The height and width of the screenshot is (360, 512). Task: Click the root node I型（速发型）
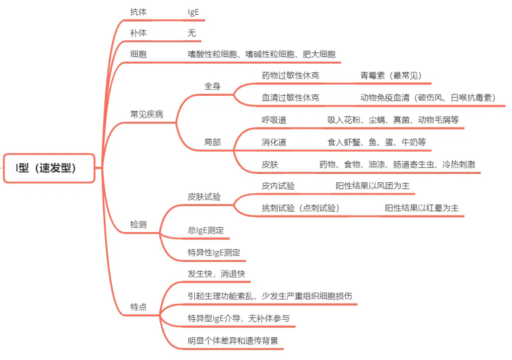click(x=49, y=168)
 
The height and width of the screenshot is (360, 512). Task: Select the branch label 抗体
click(x=138, y=12)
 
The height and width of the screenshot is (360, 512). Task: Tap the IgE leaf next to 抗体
click(x=193, y=12)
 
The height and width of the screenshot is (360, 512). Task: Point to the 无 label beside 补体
click(x=191, y=33)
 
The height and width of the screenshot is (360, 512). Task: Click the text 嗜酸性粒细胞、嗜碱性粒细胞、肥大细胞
click(x=261, y=54)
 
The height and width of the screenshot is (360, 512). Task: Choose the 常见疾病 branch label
click(x=146, y=114)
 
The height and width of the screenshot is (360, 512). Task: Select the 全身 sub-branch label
click(x=212, y=86)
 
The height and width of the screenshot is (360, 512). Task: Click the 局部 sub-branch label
click(x=212, y=142)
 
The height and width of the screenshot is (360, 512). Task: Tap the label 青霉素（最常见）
click(x=391, y=76)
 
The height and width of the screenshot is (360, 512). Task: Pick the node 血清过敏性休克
click(x=290, y=98)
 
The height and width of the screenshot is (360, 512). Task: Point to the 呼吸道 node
click(x=274, y=120)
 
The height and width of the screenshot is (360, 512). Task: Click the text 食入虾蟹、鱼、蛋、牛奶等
click(x=377, y=142)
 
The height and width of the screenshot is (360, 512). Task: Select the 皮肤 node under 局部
click(x=270, y=164)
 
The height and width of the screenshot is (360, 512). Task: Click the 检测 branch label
click(x=138, y=225)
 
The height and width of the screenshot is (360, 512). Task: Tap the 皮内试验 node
click(x=278, y=186)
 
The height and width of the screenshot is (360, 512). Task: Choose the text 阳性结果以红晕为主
click(x=422, y=208)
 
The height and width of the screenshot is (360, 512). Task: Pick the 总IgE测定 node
click(x=206, y=230)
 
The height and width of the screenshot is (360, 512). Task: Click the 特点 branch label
click(x=138, y=307)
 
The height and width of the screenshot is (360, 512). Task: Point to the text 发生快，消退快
click(x=216, y=274)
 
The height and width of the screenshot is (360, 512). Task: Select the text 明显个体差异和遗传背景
click(x=233, y=341)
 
